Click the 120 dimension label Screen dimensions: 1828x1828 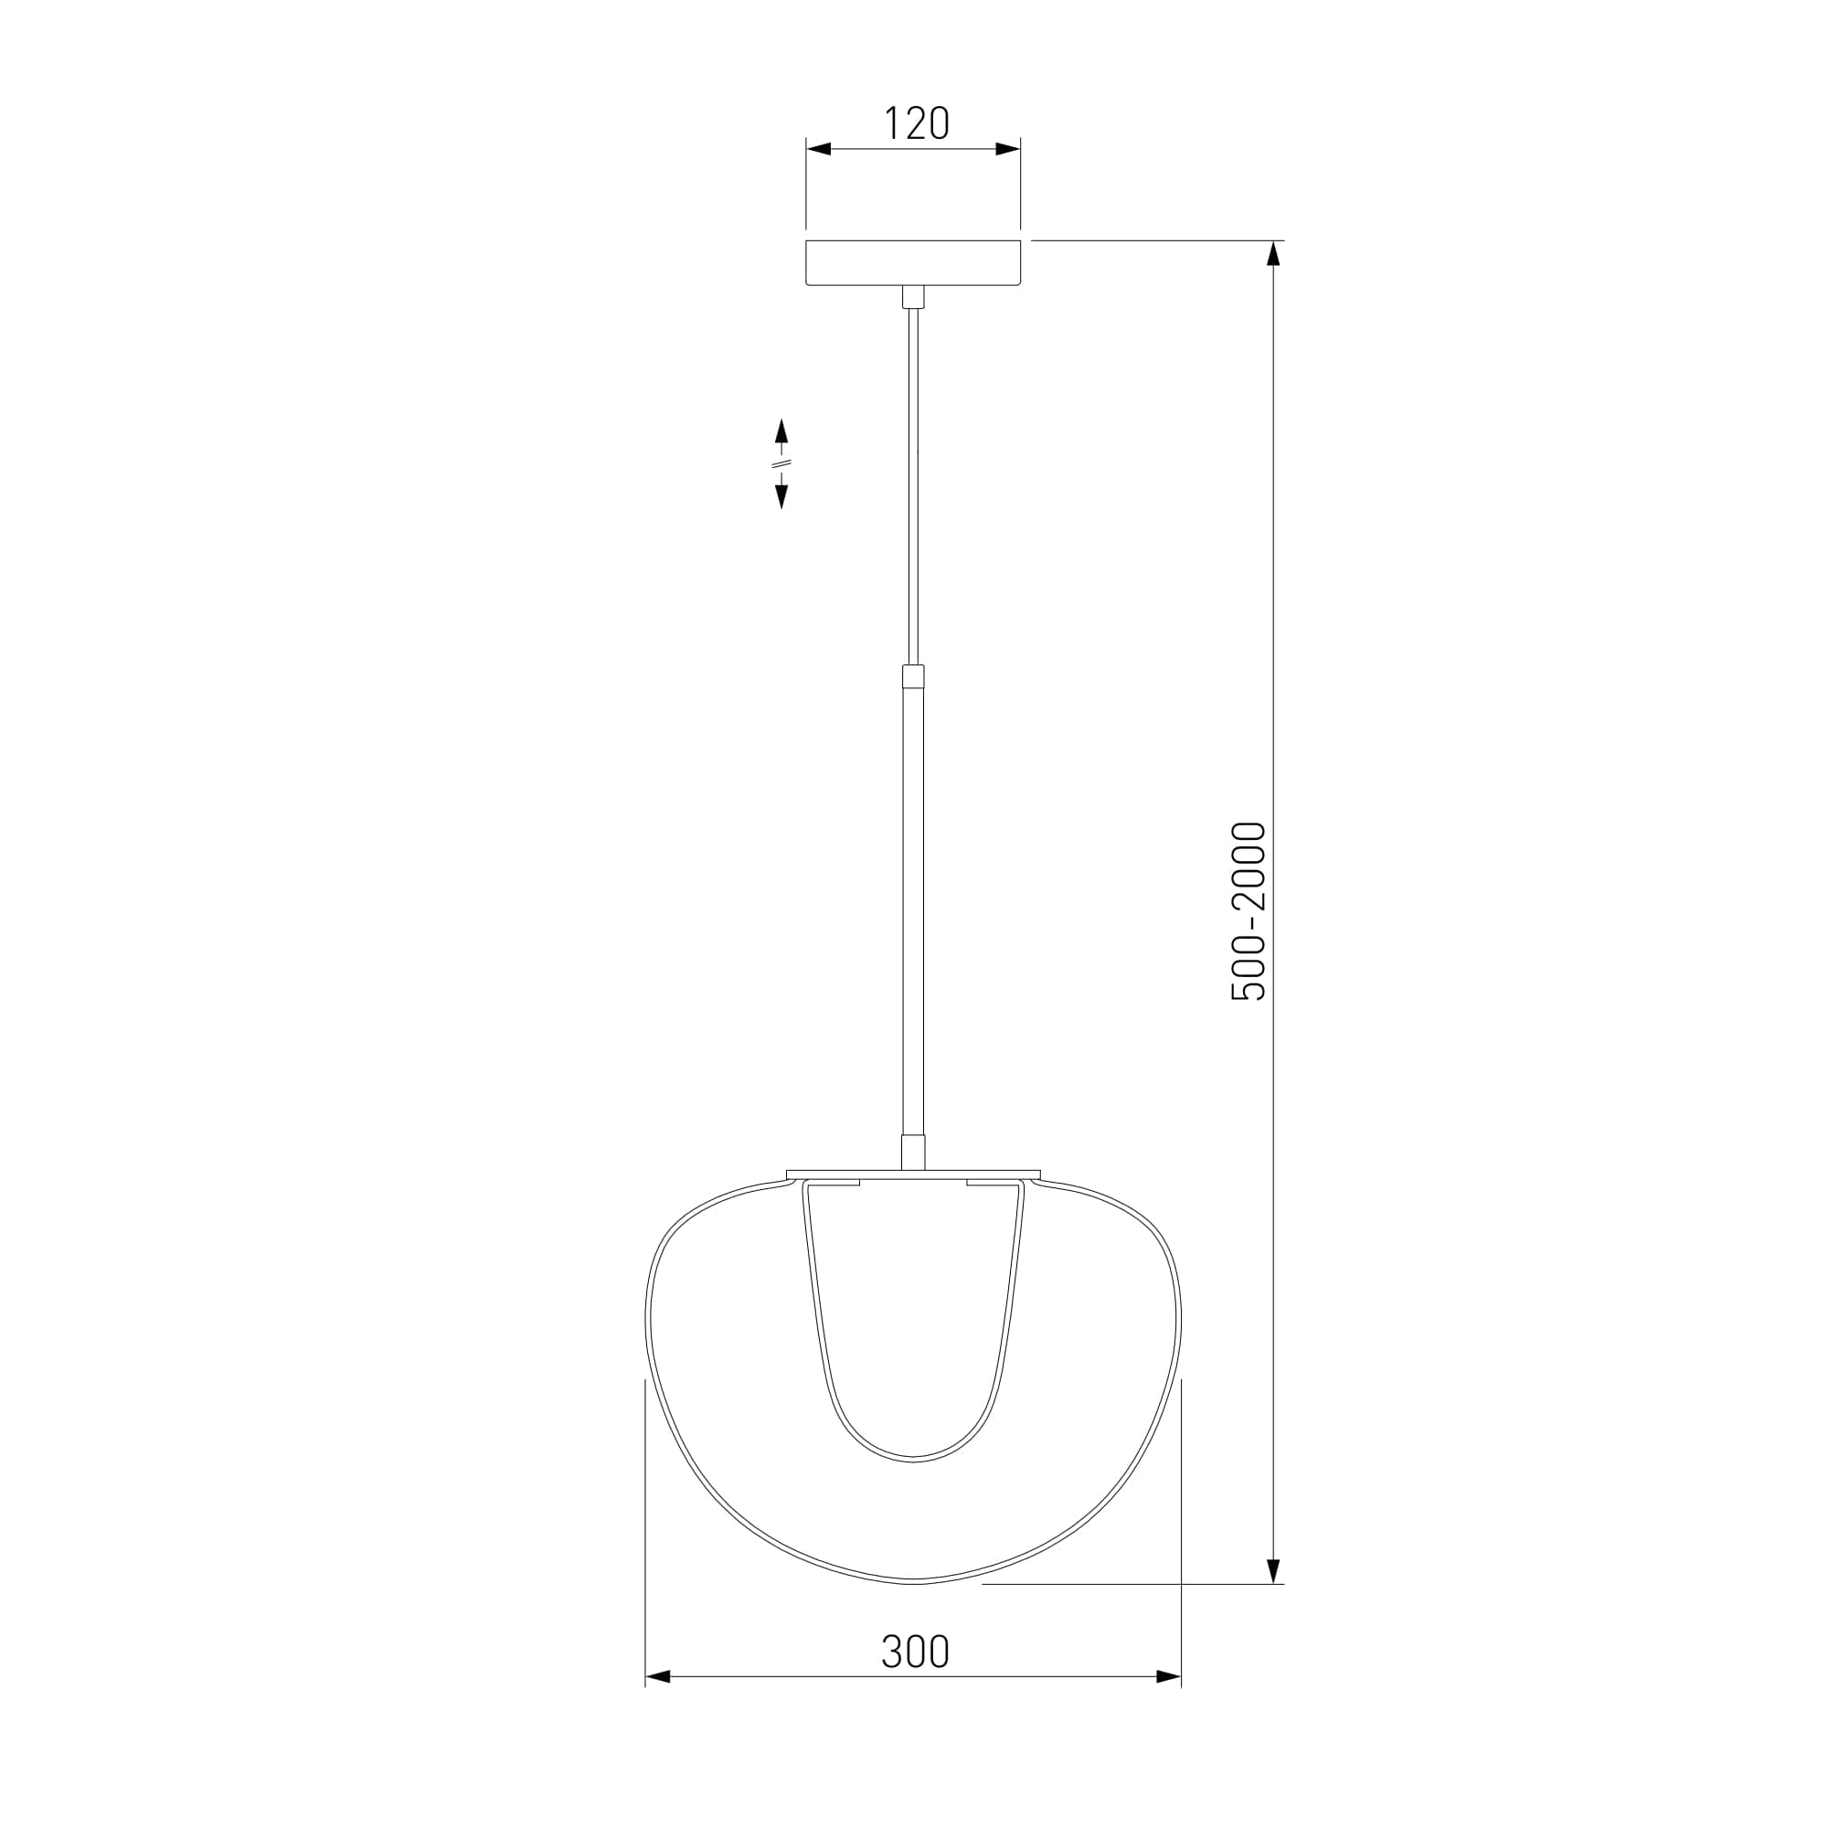pyautogui.click(x=916, y=124)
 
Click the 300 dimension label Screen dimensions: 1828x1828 pyautogui.click(x=915, y=1651)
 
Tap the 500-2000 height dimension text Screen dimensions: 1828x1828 pyautogui.click(x=1248, y=911)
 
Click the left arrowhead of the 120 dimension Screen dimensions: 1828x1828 pyautogui.click(x=818, y=149)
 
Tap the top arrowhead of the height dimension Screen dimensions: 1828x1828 pyautogui.click(x=1273, y=253)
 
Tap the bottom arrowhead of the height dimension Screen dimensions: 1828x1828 pyautogui.click(x=1273, y=1569)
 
